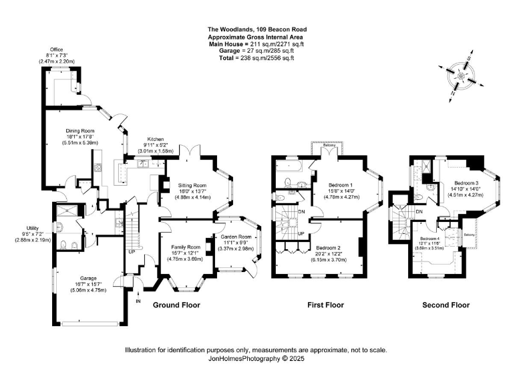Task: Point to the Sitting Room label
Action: [x=192, y=185]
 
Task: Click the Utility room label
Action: [x=32, y=229]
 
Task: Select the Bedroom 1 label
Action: [x=341, y=184]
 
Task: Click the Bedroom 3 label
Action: [x=466, y=182]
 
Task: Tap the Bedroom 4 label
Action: [x=430, y=239]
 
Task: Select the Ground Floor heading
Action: [x=176, y=305]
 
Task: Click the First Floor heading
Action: [x=325, y=305]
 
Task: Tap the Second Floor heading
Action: [x=446, y=305]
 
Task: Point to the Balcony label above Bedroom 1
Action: [x=327, y=144]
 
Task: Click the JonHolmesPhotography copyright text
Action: [x=256, y=359]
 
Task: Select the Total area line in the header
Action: [x=256, y=58]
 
